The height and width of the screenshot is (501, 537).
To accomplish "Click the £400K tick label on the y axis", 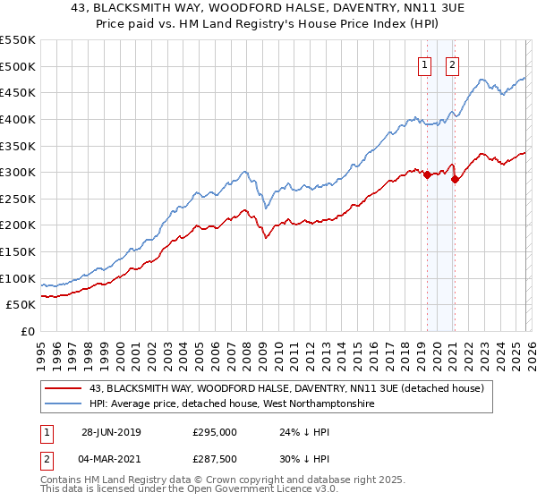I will [x=18, y=119].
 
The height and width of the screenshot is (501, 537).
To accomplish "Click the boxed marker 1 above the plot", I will [x=423, y=64].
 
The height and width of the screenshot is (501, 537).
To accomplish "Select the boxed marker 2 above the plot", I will [x=452, y=64].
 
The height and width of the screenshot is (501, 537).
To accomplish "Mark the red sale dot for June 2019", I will [x=427, y=174].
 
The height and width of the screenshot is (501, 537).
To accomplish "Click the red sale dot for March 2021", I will [x=454, y=179].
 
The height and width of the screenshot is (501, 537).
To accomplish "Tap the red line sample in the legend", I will [x=65, y=388].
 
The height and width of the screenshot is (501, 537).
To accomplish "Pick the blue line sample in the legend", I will [x=65, y=404].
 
